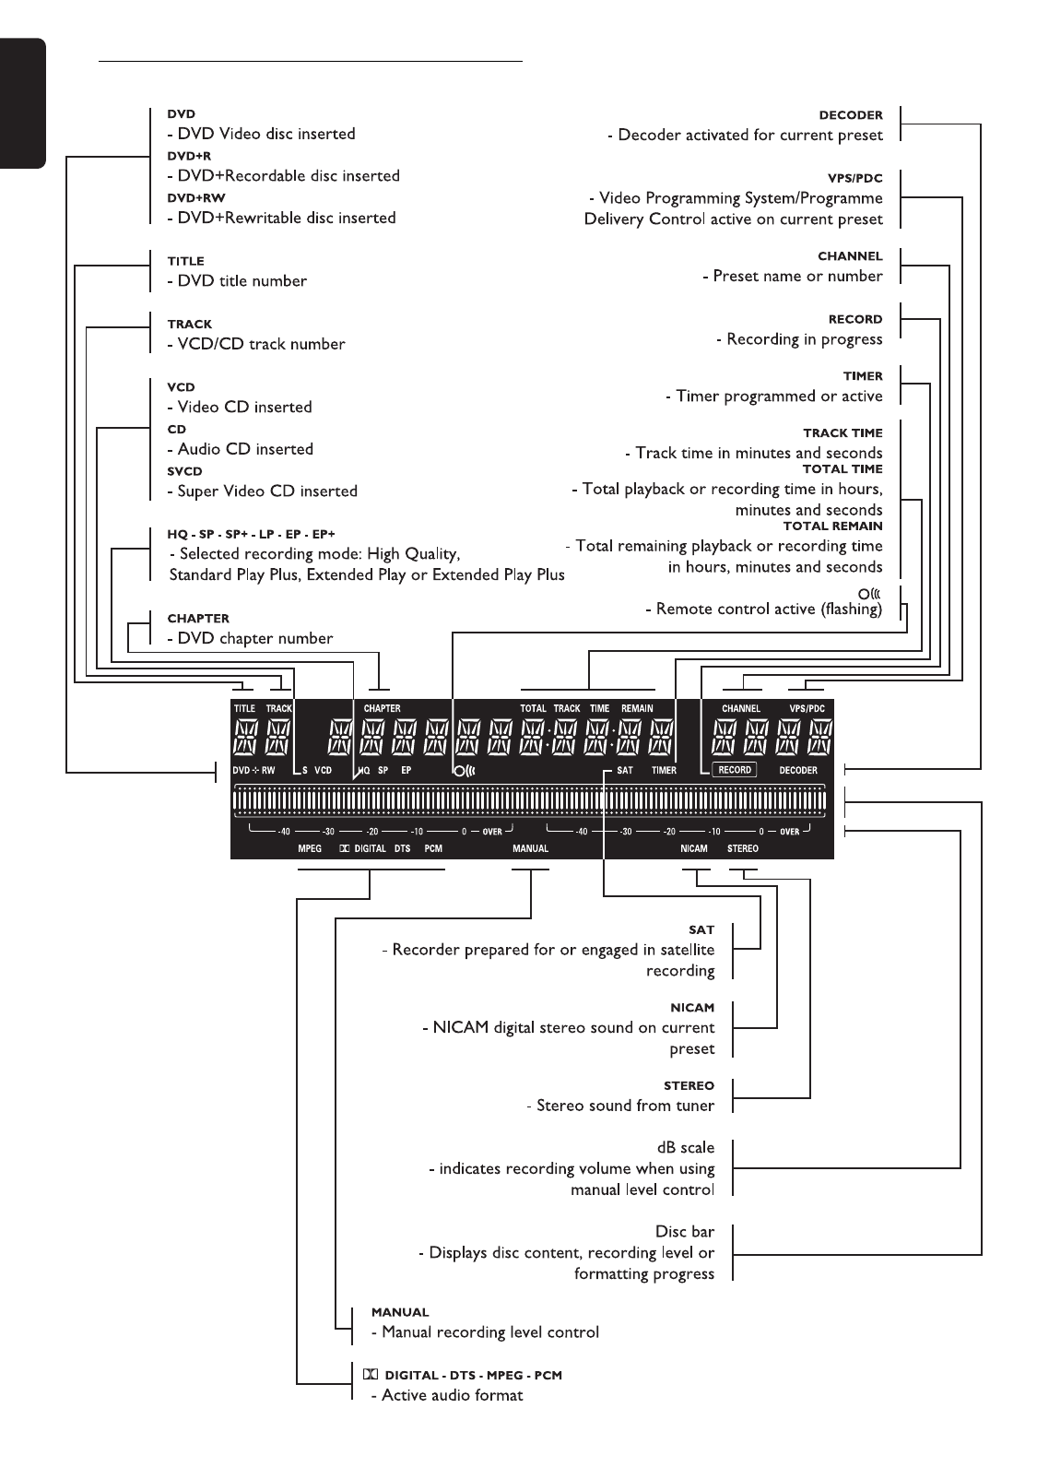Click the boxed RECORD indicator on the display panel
point(734,770)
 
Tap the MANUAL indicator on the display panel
point(530,848)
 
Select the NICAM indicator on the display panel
point(694,848)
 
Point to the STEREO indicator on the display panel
point(742,848)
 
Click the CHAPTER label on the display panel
point(382,709)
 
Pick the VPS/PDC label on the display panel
point(807,709)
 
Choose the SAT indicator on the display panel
point(625,770)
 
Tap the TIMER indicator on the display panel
point(664,770)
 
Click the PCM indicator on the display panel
point(433,848)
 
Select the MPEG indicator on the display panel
point(310,848)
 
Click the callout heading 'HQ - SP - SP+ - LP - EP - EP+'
point(251,534)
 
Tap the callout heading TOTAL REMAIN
point(832,526)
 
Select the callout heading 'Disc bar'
point(685,1232)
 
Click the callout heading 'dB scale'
point(685,1148)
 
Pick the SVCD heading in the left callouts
point(184,471)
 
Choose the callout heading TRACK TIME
point(843,432)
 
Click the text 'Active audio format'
point(452,1396)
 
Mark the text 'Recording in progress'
point(804,339)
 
